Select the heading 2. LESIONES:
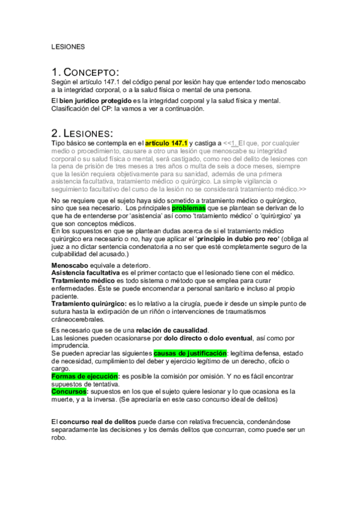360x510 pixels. point(83,132)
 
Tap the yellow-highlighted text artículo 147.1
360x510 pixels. point(166,143)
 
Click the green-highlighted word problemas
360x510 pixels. point(189,207)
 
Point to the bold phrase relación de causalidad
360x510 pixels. point(172,330)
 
